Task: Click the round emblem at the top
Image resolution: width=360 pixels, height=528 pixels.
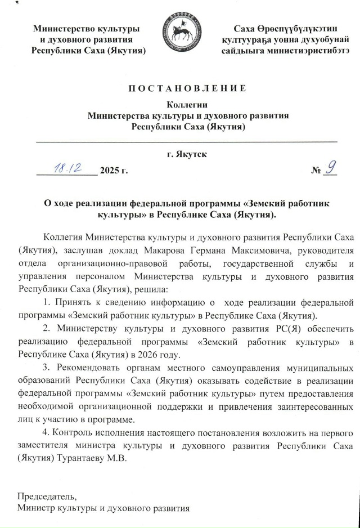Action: click(181, 34)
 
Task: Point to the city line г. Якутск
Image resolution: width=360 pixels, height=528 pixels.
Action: click(186, 154)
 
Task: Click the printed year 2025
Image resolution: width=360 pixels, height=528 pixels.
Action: click(109, 170)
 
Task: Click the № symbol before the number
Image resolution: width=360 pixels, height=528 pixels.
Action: click(316, 170)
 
